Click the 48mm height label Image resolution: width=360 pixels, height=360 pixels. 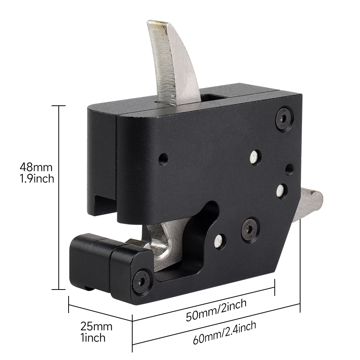[36, 167]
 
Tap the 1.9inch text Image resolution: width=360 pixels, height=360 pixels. [37, 178]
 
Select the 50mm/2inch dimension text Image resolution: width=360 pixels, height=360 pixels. [216, 310]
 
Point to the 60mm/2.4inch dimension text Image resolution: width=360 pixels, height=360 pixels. [224, 333]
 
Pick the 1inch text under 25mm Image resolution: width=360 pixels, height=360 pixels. [93, 338]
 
